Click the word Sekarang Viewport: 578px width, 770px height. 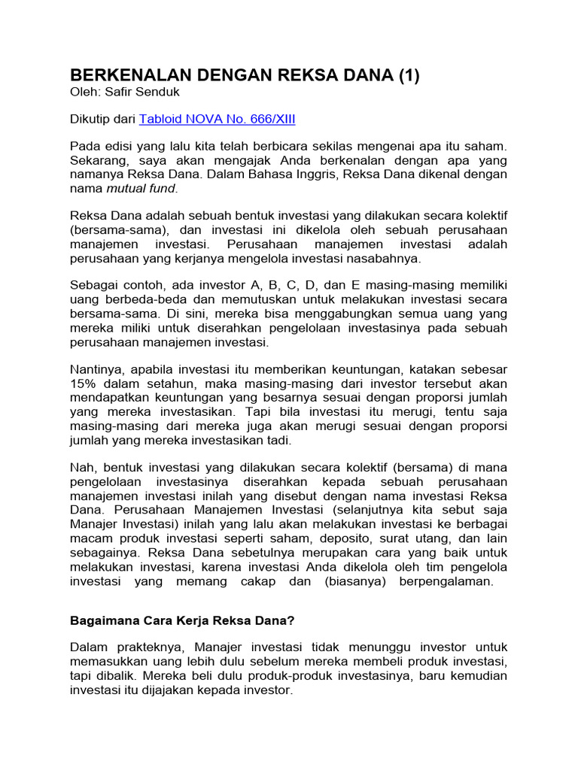tap(100, 159)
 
